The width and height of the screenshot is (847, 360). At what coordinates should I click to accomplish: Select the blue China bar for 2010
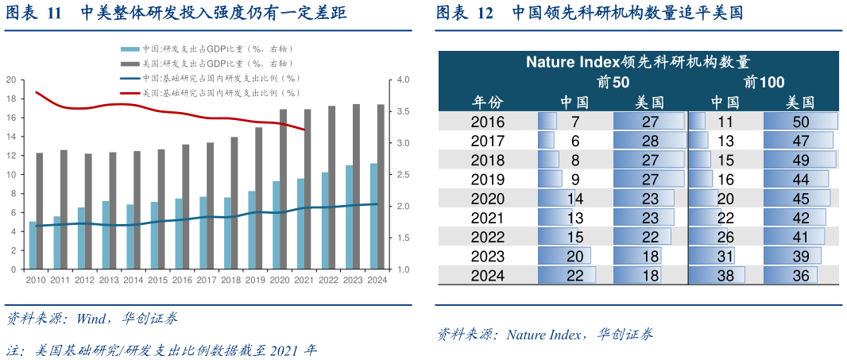point(33,246)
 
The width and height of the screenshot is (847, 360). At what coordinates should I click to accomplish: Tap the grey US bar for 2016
point(186,207)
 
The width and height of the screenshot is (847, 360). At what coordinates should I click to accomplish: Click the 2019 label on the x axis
point(254,280)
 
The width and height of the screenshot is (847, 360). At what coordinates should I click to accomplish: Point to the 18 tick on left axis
point(11,99)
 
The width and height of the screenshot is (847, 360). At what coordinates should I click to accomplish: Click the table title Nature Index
point(639,62)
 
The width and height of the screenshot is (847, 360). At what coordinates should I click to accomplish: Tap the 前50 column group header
point(612,82)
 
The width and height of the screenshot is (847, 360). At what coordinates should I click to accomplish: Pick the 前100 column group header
point(764,82)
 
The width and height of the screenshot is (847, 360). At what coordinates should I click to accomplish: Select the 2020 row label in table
point(487,198)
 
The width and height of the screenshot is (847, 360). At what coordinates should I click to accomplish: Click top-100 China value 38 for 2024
point(725,275)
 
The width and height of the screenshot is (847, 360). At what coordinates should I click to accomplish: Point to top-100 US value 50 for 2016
point(800,122)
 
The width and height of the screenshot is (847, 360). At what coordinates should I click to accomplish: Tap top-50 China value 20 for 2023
point(575,256)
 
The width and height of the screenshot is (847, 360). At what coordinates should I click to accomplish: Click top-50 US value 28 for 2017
point(650,141)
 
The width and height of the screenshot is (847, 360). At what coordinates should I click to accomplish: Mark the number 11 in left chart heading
point(54,14)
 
